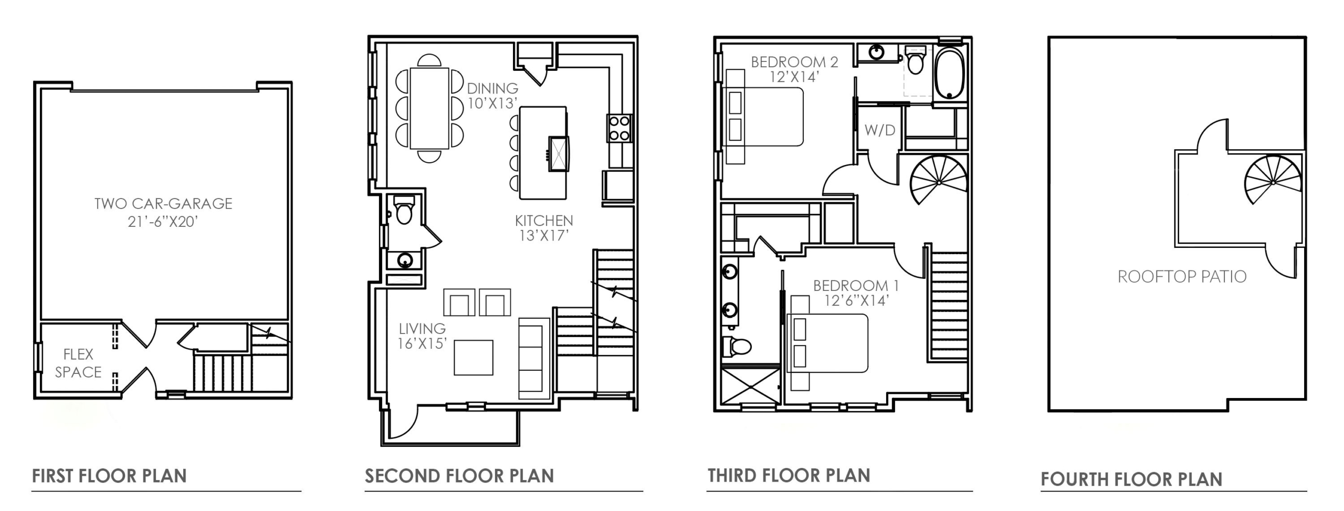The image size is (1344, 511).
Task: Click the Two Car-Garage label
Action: point(163,212)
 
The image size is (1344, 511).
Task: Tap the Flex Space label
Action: point(78,363)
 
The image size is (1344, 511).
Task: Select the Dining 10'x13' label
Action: point(492,96)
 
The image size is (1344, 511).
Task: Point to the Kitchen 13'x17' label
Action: point(544,228)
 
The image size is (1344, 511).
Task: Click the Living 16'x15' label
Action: point(422,336)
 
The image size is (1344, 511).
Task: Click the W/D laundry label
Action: point(880,130)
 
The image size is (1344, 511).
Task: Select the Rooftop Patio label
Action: point(1182,277)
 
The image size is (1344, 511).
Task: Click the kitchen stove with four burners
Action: point(619,128)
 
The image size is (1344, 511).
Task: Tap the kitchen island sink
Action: point(559,154)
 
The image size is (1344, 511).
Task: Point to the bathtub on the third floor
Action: point(950,74)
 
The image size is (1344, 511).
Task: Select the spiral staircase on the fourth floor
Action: point(1273,182)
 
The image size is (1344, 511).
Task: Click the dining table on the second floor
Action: point(429,108)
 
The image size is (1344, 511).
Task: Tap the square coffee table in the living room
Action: point(474,358)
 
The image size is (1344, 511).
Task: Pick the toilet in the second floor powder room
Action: point(404,210)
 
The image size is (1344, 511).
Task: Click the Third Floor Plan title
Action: point(789,475)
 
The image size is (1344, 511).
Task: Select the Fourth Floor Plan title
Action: point(1131,479)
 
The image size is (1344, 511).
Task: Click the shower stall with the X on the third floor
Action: point(751,386)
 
